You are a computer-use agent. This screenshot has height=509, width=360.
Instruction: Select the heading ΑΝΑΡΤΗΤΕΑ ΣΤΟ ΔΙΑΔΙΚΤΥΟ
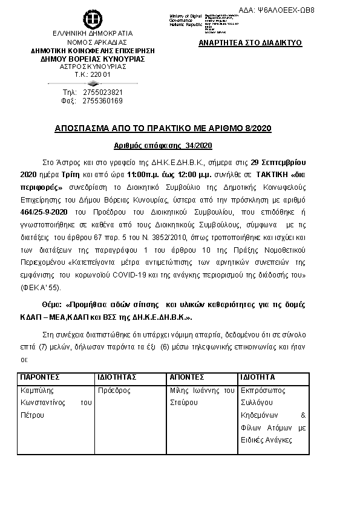tap(250, 44)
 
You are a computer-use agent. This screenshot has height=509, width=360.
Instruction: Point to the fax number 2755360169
tap(103, 101)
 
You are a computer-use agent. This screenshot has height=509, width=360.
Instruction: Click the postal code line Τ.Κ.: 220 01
tap(93, 74)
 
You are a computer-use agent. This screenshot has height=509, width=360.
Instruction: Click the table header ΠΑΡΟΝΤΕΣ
tap(40, 377)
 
